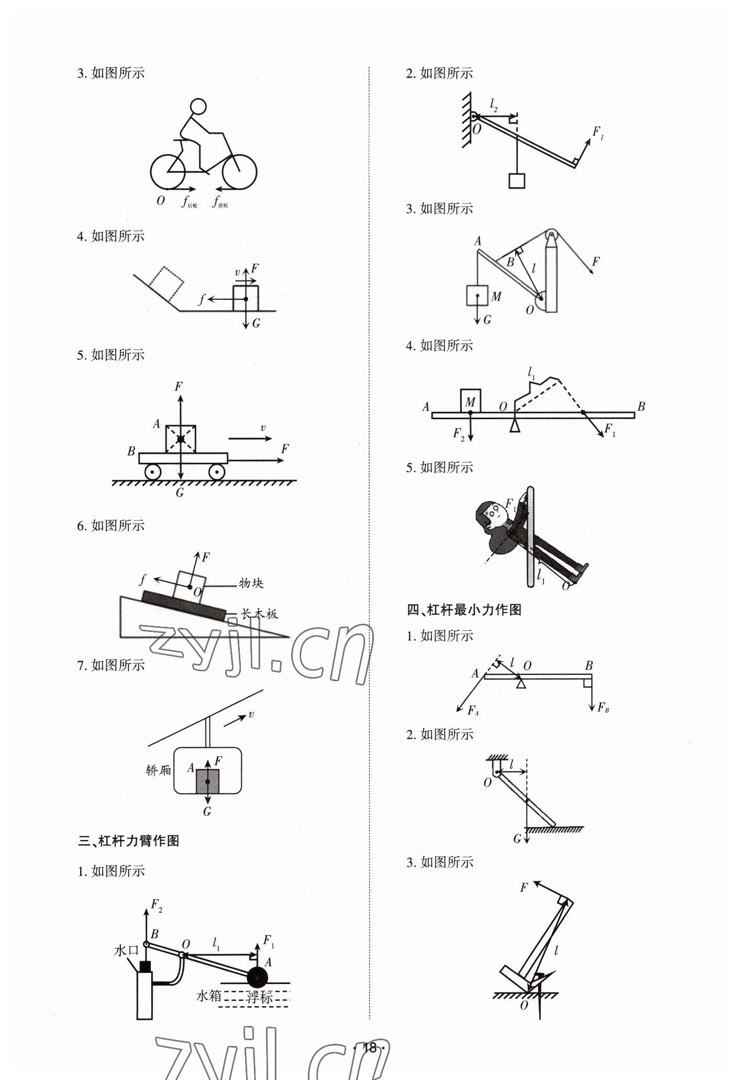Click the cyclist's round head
[198, 107]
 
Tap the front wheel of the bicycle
[239, 171]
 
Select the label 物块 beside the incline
[251, 583]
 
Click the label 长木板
[259, 614]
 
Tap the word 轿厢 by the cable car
[159, 770]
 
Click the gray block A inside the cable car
[207, 781]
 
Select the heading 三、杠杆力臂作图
[129, 841]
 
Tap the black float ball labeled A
[257, 978]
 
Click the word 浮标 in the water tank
[259, 997]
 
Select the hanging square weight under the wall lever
[517, 180]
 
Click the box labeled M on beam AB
[471, 401]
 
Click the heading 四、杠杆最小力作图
[464, 610]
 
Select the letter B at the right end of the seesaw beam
[641, 406]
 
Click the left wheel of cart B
[153, 472]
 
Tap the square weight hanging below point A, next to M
[477, 296]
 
